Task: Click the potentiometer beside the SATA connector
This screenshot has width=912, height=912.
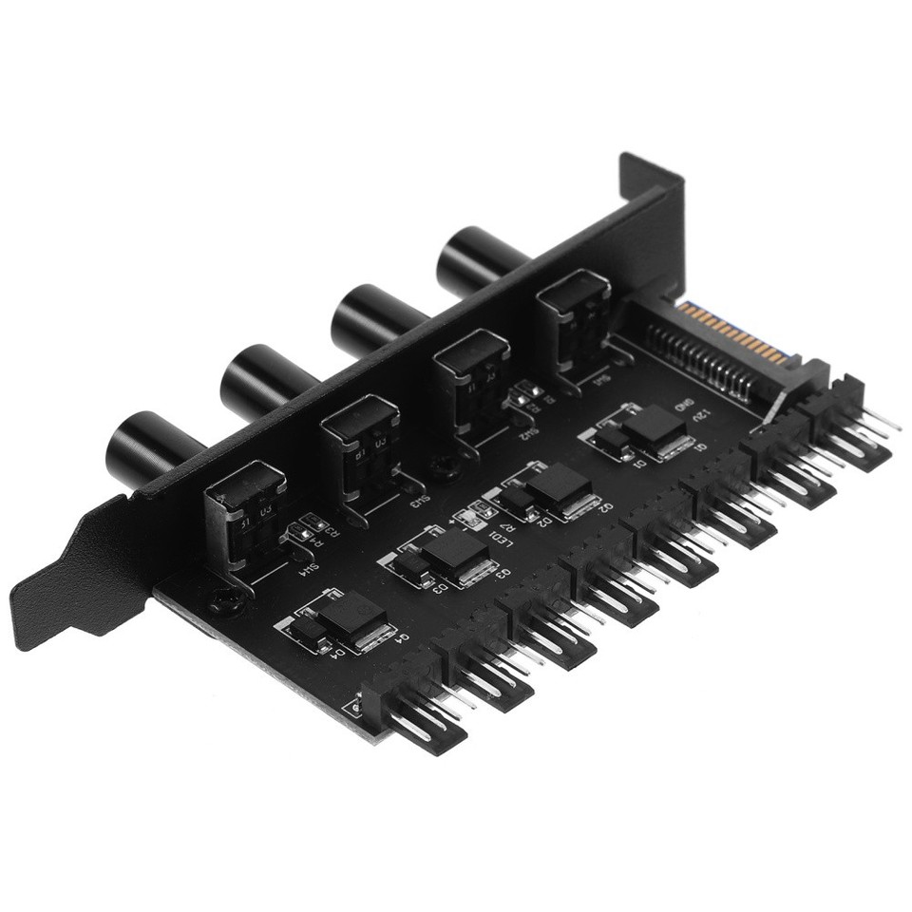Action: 573,314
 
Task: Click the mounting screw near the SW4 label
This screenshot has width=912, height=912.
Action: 223,599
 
